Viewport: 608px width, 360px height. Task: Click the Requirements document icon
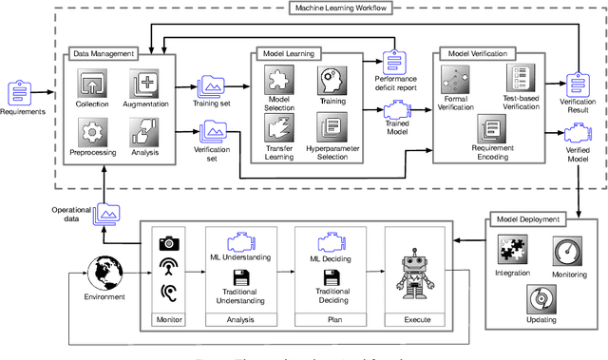pyautogui.click(x=21, y=92)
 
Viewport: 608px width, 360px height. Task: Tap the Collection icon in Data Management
pyautogui.click(x=94, y=83)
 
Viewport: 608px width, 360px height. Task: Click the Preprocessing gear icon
pyautogui.click(x=94, y=131)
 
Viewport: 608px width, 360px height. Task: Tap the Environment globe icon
pyautogui.click(x=104, y=273)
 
